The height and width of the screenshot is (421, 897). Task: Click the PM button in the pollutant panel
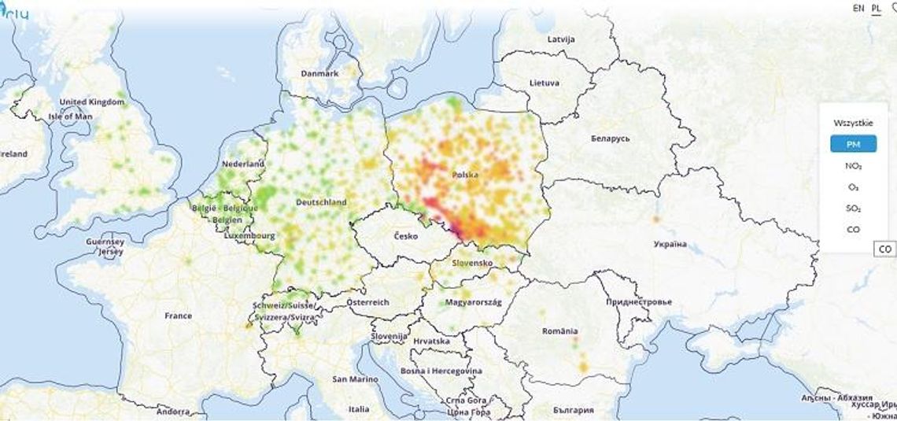point(853,144)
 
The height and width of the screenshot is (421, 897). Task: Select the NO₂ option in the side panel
point(853,166)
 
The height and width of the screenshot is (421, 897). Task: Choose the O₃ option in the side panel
point(853,187)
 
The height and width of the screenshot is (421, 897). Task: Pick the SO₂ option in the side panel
point(853,209)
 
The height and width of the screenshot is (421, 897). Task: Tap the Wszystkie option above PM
point(853,123)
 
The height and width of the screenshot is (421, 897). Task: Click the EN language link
point(858,8)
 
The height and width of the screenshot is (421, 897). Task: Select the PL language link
point(877,8)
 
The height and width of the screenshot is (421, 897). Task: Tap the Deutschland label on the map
point(321,202)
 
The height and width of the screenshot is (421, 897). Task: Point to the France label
point(178,316)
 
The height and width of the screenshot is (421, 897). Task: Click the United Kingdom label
point(92,102)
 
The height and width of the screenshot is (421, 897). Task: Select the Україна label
point(670,244)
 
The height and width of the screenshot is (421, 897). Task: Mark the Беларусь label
point(610,138)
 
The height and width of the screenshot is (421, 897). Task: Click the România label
point(559,331)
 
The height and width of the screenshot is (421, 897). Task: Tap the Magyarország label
point(474,302)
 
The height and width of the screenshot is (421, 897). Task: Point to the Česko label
point(407,236)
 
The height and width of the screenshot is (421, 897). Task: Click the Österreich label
point(368,302)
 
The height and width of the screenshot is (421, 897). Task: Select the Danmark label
point(319,73)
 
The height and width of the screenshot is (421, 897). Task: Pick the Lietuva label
point(544,83)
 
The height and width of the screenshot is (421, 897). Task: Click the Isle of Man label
point(71,116)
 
